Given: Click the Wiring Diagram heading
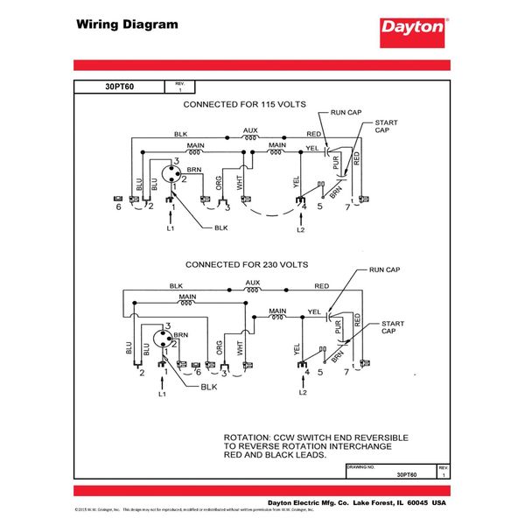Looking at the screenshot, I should pos(126,24).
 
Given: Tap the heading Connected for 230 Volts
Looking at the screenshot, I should pos(246,263).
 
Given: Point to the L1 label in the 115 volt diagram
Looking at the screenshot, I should pos(171,228).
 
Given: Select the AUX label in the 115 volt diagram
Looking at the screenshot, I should pos(250,129).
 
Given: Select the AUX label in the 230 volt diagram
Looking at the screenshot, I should pos(253,282).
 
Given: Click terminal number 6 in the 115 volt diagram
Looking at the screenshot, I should pos(118,207).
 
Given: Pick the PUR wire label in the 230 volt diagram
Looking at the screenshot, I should pos(336,331).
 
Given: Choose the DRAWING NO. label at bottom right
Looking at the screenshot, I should pos(360,467).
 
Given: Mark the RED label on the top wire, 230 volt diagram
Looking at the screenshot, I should pos(321,286).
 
